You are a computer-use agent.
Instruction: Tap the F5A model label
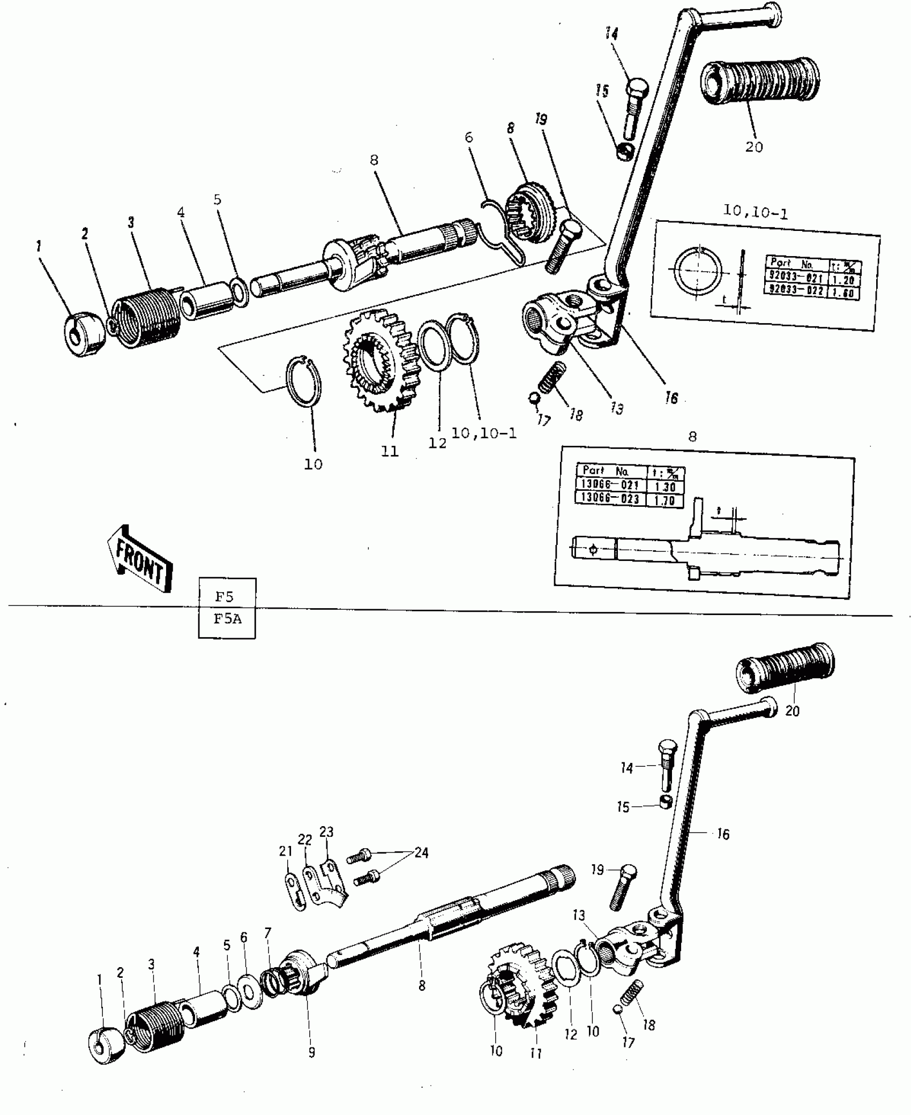pyautogui.click(x=227, y=619)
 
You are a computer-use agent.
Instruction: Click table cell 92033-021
pyautogui.click(x=795, y=278)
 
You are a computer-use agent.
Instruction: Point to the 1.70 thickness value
pyautogui.click(x=664, y=500)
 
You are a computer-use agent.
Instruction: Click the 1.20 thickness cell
pyautogui.click(x=843, y=280)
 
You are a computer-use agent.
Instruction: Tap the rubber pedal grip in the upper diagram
pyautogui.click(x=759, y=82)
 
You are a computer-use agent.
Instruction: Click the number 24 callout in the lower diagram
pyautogui.click(x=421, y=852)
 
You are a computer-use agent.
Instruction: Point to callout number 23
pyautogui.click(x=326, y=832)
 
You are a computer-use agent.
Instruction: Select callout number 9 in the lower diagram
pyautogui.click(x=311, y=1052)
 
